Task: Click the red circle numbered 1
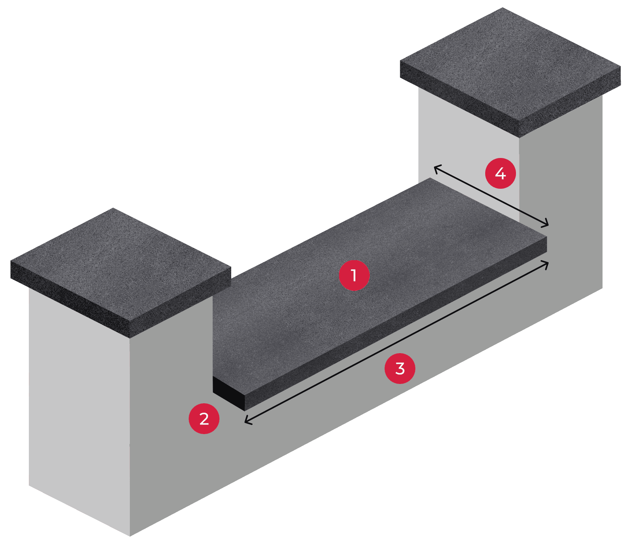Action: pyautogui.click(x=354, y=275)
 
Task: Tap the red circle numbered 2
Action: pyautogui.click(x=204, y=419)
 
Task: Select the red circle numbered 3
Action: pyautogui.click(x=400, y=368)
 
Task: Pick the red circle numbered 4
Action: pyautogui.click(x=500, y=174)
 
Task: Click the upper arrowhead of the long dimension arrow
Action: pyautogui.click(x=546, y=263)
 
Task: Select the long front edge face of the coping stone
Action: pyautogui.click(x=395, y=323)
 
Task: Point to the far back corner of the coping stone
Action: pyautogui.click(x=430, y=178)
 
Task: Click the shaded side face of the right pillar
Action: pyautogui.click(x=562, y=190)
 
